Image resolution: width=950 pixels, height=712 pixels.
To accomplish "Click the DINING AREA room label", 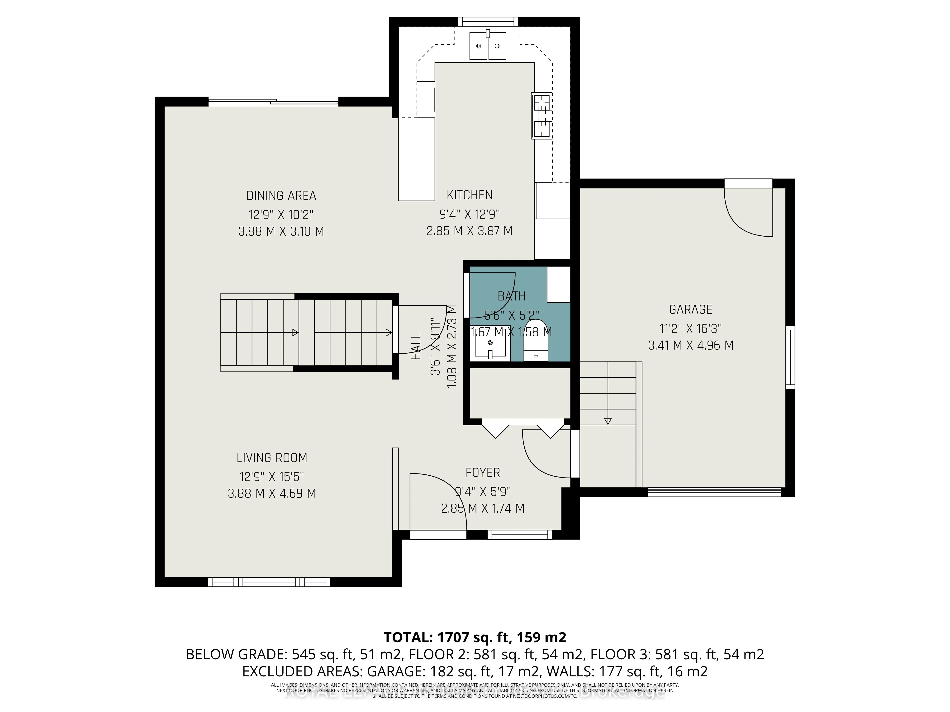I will coord(281,196).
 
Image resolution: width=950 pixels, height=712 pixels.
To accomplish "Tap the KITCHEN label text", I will coord(469,195).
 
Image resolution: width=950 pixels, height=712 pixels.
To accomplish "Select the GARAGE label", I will coord(691,309).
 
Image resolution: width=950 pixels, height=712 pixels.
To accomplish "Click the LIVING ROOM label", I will coord(272,458).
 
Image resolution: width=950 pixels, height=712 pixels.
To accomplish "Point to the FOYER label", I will coord(483,473).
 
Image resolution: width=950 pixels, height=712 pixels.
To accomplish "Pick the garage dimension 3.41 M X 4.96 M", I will coord(691,346).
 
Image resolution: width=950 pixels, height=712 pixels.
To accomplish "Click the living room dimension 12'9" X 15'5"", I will coord(272,476).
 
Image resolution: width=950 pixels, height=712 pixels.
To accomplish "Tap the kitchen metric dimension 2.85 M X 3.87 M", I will coord(469,231).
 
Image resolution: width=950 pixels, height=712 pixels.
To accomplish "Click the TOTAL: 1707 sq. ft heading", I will coord(475,637).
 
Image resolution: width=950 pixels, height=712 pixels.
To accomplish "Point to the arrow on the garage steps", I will coord(608,421).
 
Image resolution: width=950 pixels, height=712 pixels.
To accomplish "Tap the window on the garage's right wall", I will coord(790,357).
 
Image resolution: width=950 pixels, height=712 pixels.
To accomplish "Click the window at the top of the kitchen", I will coord(488,21).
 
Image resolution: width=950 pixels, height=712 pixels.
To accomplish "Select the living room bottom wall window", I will coord(269,582).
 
